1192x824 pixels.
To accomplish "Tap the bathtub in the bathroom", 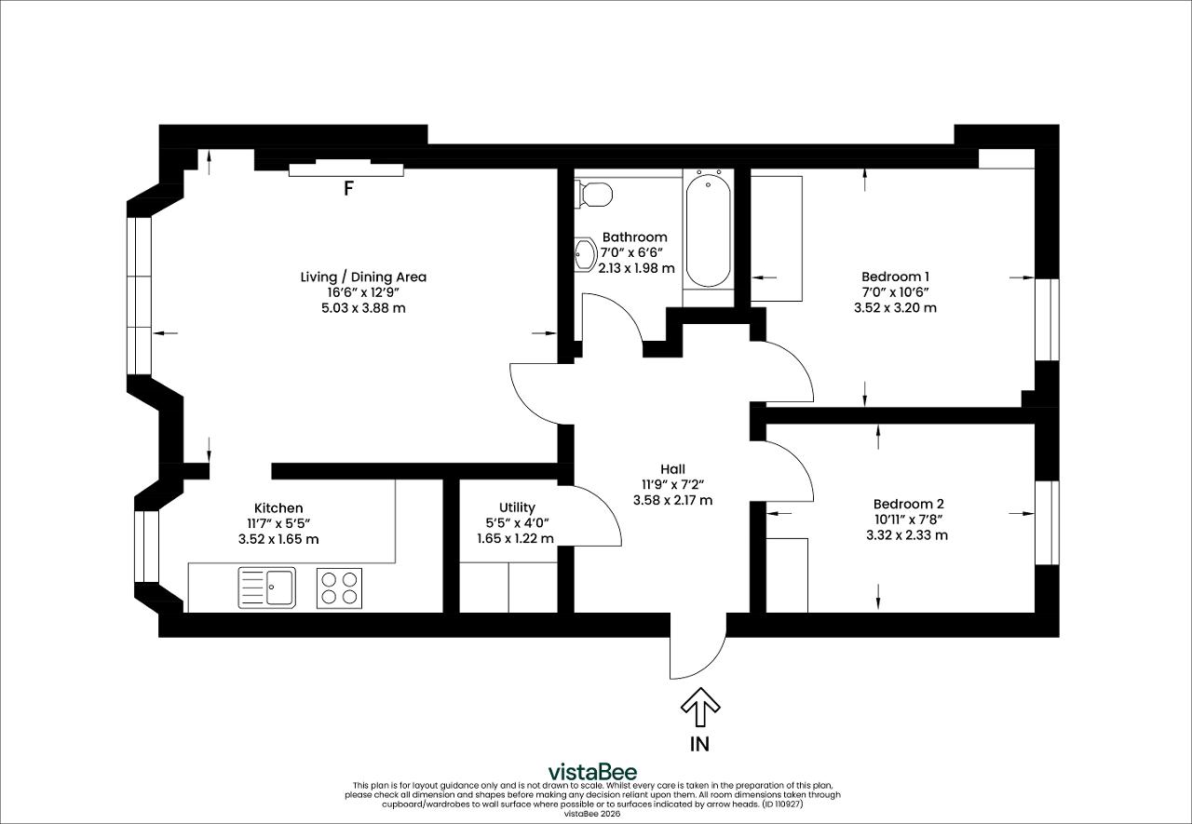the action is pyautogui.click(x=709, y=230).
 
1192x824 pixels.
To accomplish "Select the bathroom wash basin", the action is pyautogui.click(x=586, y=255).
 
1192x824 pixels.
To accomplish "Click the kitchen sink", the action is pyautogui.click(x=266, y=588).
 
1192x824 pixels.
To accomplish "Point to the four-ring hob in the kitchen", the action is pyautogui.click(x=340, y=588).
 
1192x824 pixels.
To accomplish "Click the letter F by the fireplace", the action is pyautogui.click(x=348, y=188).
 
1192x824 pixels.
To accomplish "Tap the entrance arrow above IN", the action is pyautogui.click(x=700, y=707).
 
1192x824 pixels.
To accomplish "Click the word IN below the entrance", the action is pyautogui.click(x=699, y=744).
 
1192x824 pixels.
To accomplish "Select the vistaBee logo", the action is pyautogui.click(x=592, y=772).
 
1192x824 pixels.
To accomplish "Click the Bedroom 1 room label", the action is pyautogui.click(x=895, y=277).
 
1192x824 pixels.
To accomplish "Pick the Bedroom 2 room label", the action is pyautogui.click(x=908, y=504).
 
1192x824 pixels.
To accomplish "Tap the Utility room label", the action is pyautogui.click(x=517, y=507).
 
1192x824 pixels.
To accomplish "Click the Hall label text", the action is pyautogui.click(x=672, y=469).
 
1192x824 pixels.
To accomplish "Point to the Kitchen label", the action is pyautogui.click(x=278, y=508).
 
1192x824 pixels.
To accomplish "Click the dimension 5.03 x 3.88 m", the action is pyautogui.click(x=363, y=308).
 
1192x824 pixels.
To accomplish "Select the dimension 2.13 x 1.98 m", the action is pyautogui.click(x=636, y=268).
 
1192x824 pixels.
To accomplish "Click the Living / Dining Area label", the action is pyautogui.click(x=363, y=277).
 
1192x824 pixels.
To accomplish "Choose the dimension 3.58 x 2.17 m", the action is pyautogui.click(x=672, y=500).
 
